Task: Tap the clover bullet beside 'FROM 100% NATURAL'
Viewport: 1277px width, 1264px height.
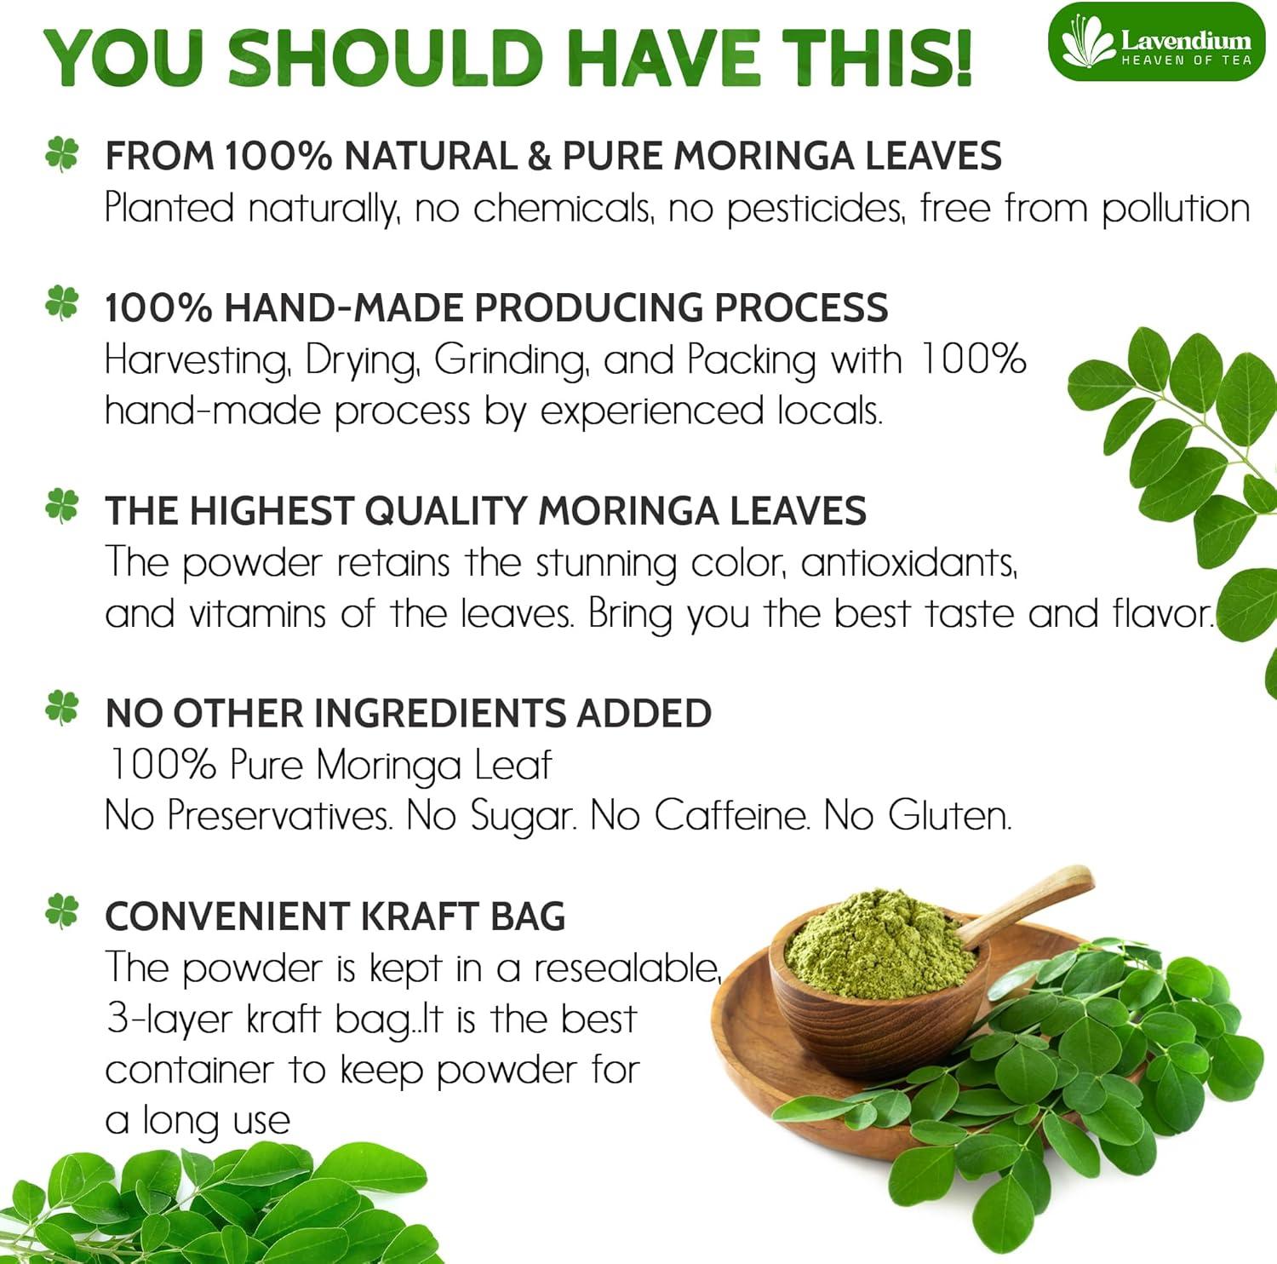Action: [x=61, y=154]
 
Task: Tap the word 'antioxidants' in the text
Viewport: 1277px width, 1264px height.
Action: [x=908, y=563]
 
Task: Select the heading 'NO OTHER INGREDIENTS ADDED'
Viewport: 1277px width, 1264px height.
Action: [x=408, y=713]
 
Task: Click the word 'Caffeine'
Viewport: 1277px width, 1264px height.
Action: [x=730, y=815]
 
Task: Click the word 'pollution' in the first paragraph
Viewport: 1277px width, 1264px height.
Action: [x=1176, y=209]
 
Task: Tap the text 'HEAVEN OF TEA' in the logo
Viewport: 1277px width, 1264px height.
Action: [x=1186, y=60]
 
